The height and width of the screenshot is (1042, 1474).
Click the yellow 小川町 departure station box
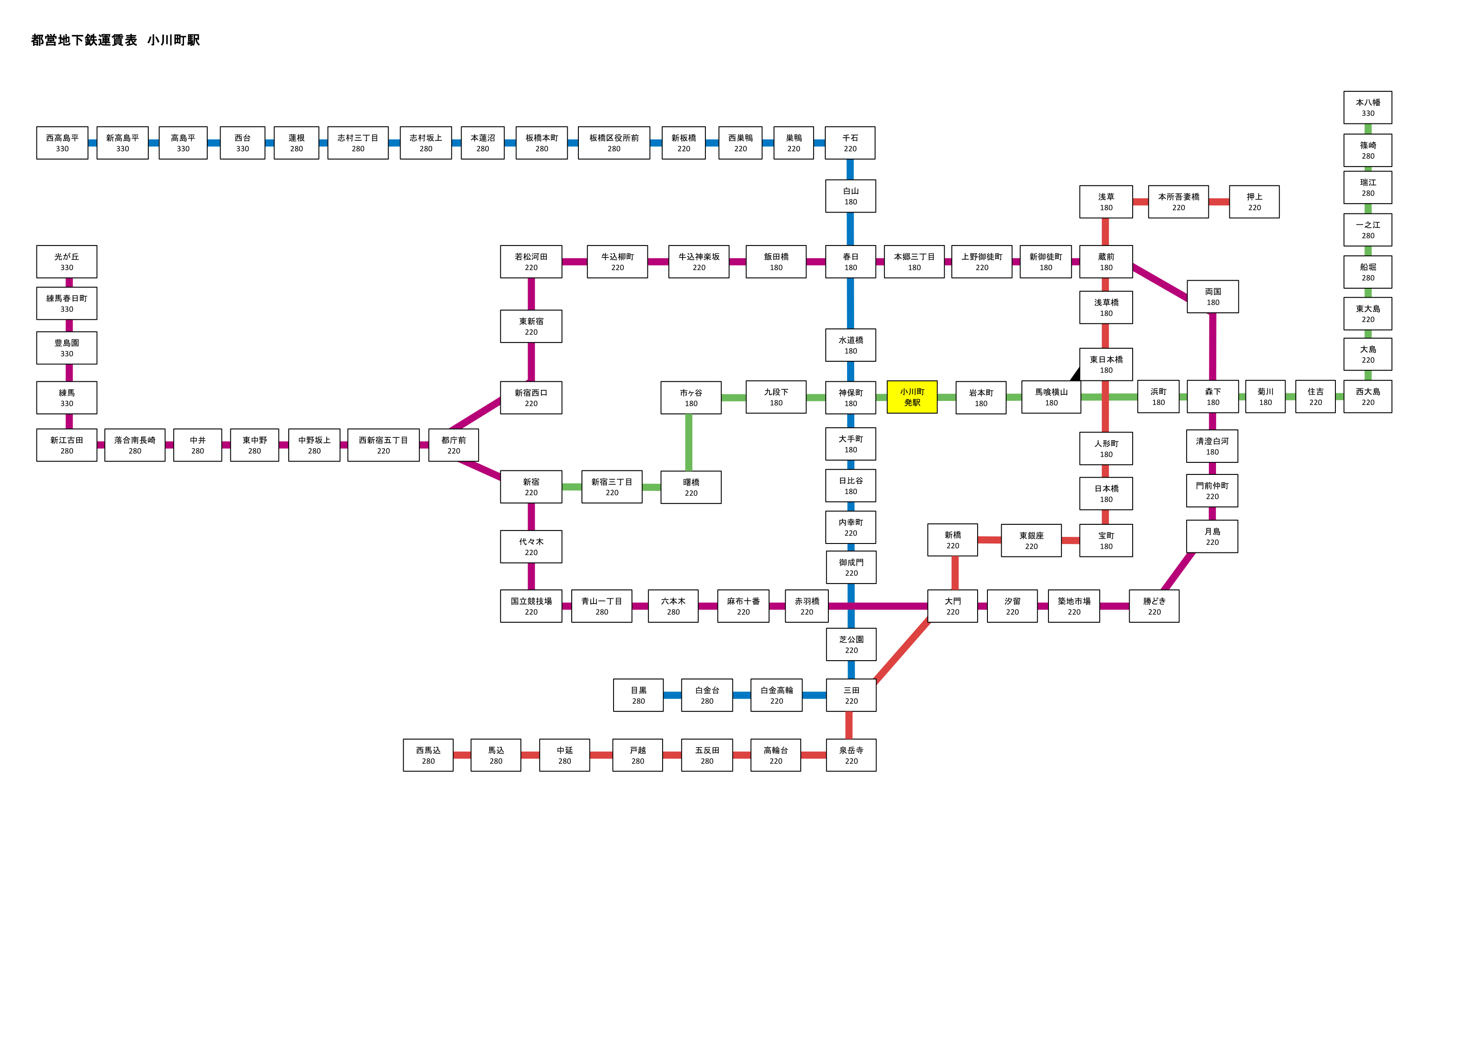coord(912,397)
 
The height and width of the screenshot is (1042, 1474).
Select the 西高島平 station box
coord(62,143)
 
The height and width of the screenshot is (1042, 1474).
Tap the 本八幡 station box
coord(1368,107)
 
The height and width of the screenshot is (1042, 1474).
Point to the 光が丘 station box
coord(67,262)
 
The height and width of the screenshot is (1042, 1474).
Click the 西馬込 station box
coord(428,755)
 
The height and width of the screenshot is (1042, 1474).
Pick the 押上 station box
coord(1254,202)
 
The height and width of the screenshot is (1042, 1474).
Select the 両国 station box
coord(1213,297)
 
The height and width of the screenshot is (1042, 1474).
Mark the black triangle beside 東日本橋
coord(1075,374)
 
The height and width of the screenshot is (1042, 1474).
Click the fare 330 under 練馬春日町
coord(67,309)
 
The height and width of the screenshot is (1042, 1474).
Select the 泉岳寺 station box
coord(851,755)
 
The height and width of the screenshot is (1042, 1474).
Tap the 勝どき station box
coord(1154,606)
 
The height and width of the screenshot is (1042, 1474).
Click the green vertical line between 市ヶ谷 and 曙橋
coord(689,442)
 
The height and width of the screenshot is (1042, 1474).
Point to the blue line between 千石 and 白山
coord(850,169)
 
